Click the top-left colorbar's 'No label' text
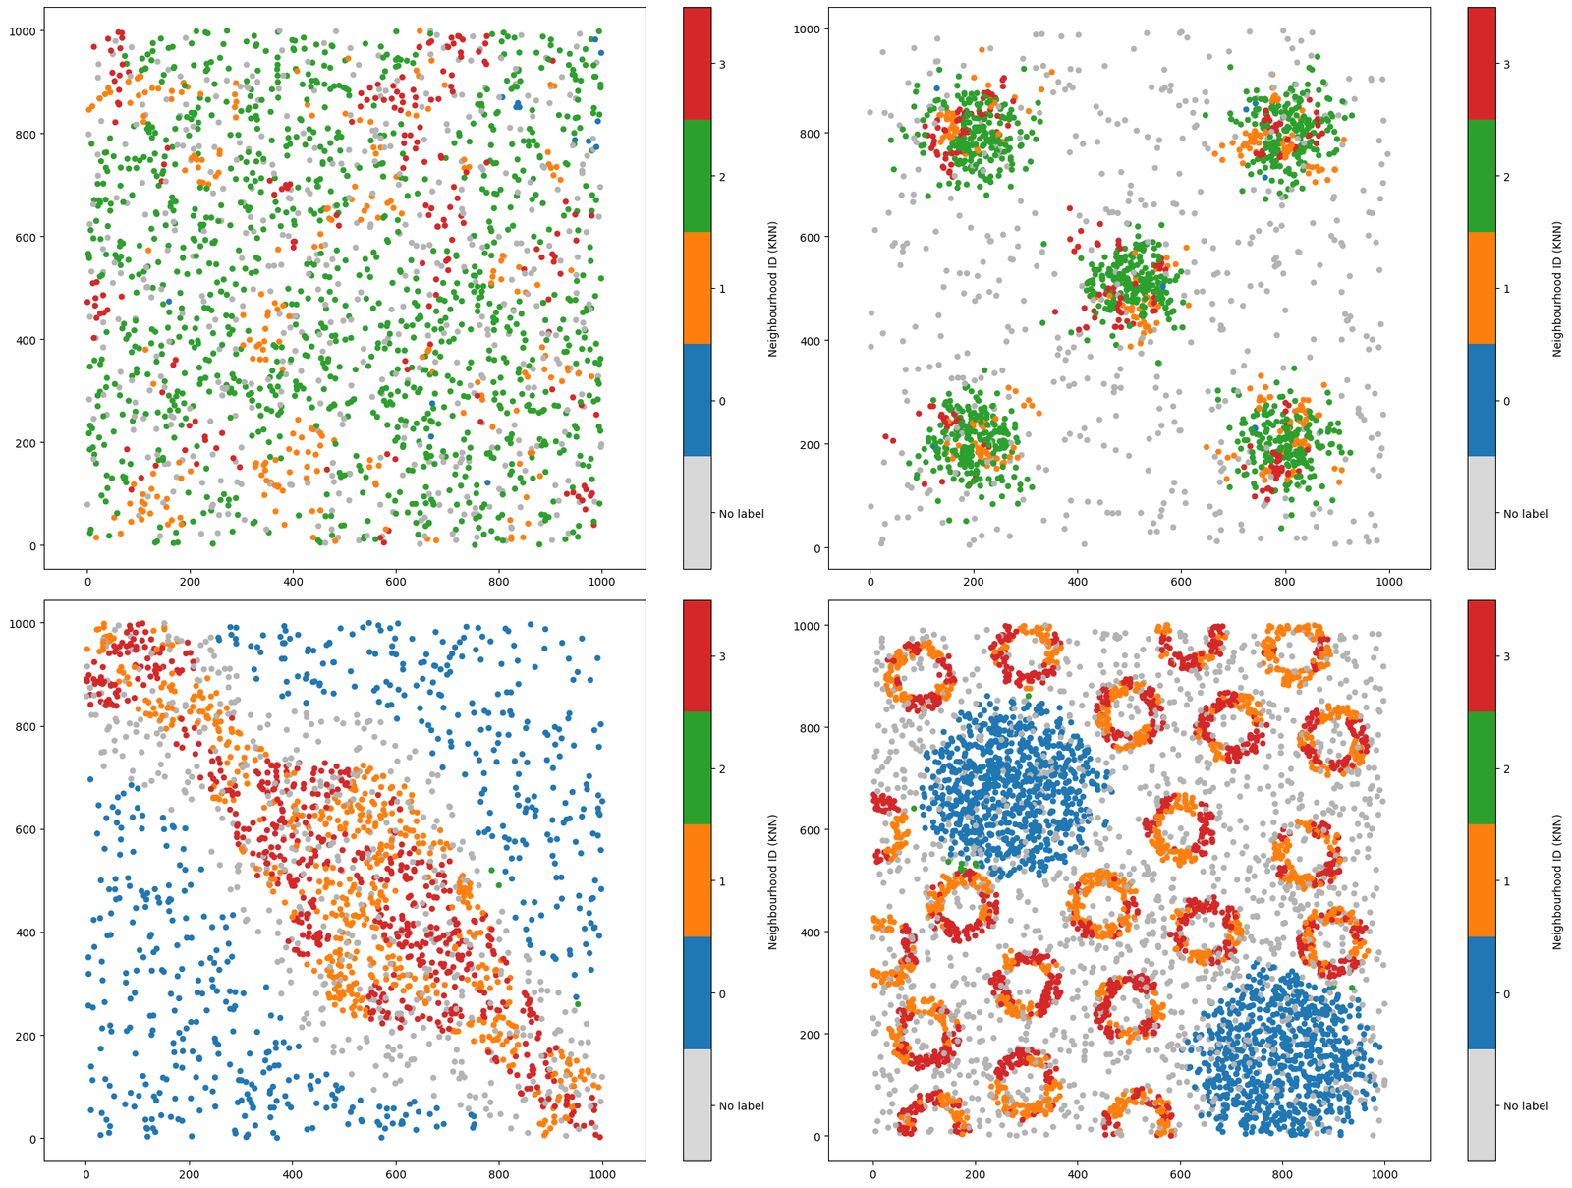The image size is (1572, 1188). click(741, 514)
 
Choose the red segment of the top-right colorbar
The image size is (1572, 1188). click(1481, 64)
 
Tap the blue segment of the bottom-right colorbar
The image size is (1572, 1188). click(1481, 994)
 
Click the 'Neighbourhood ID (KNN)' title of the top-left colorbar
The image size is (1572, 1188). click(773, 289)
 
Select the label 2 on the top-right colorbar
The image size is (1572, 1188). click(1507, 177)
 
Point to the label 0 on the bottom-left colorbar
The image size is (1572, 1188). click(722, 994)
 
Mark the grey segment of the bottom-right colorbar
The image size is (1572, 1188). click(1481, 1105)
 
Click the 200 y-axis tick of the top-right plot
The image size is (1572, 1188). click(812, 444)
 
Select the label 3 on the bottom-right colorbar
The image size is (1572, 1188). click(1507, 656)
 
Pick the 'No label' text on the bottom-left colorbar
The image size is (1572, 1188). click(741, 1106)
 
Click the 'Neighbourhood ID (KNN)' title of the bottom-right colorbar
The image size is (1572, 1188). click(1557, 881)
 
